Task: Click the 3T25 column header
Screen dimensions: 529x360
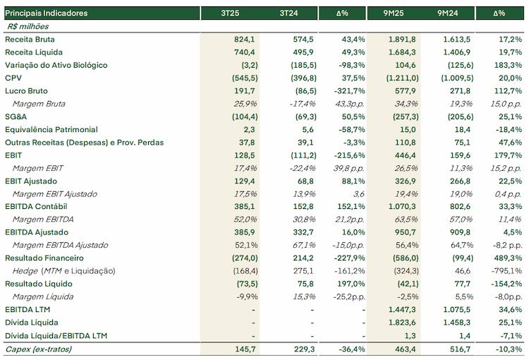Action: point(230,13)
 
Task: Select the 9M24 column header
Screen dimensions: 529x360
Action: point(448,13)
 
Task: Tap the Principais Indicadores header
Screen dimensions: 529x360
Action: point(47,13)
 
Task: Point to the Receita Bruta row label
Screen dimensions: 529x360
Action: point(30,40)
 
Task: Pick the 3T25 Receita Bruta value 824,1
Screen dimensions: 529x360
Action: point(245,40)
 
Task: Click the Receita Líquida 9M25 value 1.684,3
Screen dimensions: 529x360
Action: point(402,52)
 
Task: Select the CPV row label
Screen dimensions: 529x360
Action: point(13,78)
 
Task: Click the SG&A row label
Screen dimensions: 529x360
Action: point(16,117)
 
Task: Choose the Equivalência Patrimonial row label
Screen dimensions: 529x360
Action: point(51,130)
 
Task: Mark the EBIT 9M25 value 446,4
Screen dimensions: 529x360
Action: point(406,155)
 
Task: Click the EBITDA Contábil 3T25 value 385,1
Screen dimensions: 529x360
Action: point(245,206)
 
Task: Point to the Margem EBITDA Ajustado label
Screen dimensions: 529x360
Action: point(60,245)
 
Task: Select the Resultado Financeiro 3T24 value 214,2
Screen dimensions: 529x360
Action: point(303,258)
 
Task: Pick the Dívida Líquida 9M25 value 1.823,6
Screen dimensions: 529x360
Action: point(402,323)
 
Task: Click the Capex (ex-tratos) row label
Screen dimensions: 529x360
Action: point(39,349)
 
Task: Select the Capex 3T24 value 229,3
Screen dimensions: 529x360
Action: point(304,349)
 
